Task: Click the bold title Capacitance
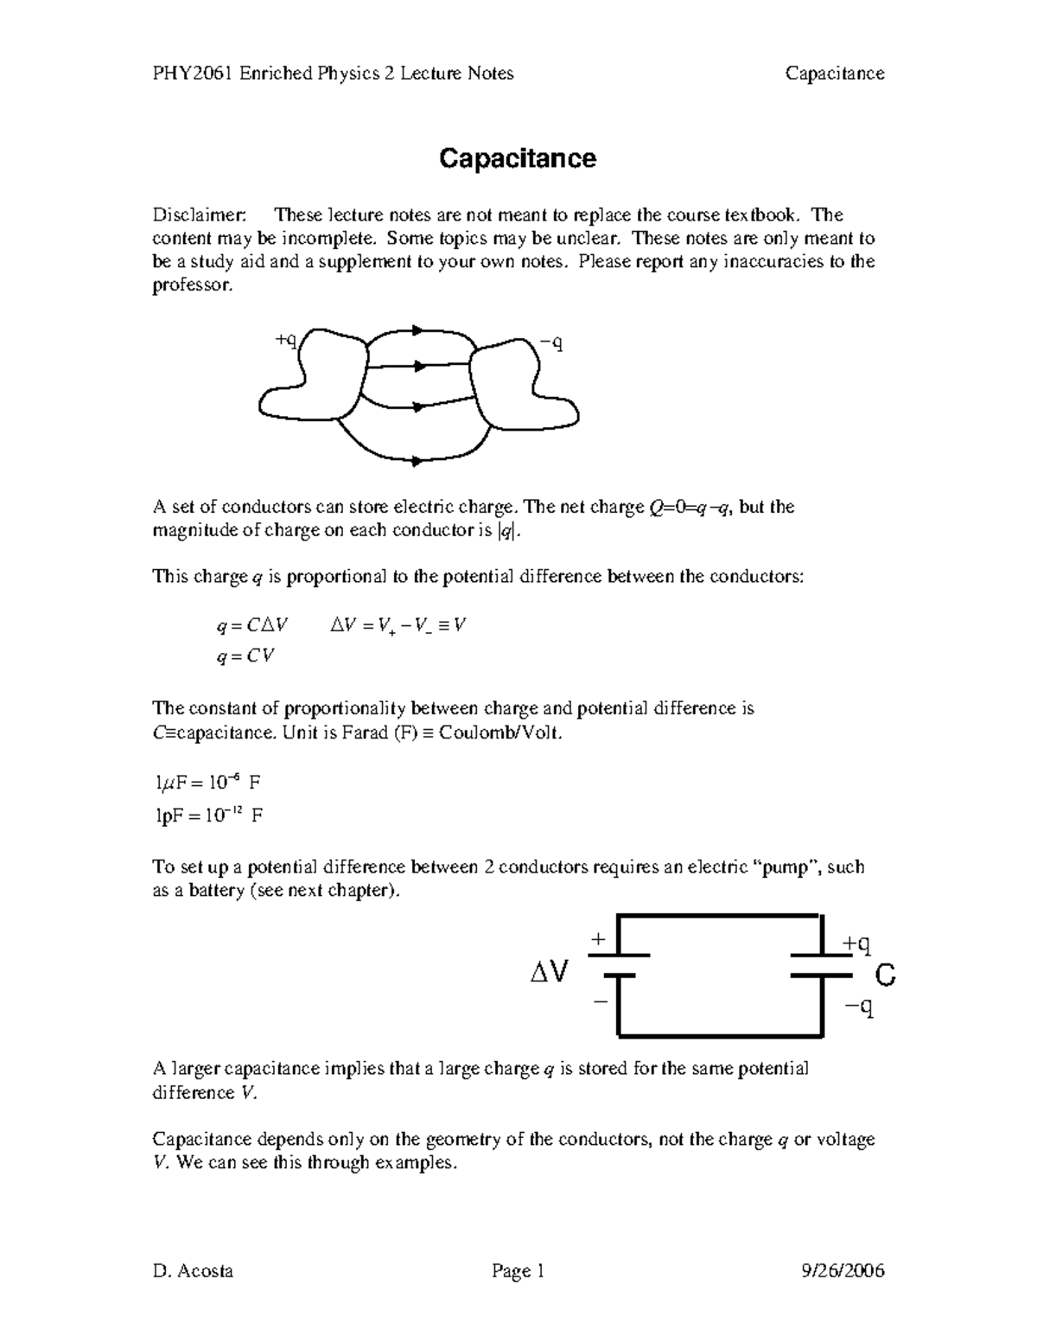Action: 517,159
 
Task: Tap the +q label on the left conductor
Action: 286,340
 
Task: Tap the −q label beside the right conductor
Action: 551,343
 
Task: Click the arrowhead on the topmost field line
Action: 418,330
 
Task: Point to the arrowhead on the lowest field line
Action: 418,462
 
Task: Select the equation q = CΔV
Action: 252,625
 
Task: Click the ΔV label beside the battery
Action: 550,974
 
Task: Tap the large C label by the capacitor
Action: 885,976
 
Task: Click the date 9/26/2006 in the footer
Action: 843,1270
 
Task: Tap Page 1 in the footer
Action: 518,1270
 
